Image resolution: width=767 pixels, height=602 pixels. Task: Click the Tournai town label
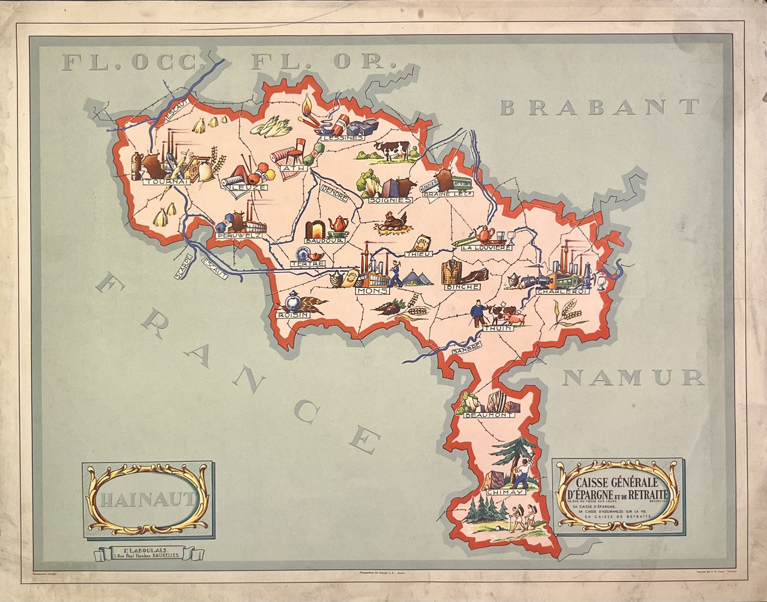(159, 182)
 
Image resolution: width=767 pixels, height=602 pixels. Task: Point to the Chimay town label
(505, 492)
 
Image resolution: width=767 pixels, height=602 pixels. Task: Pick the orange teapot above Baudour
(337, 224)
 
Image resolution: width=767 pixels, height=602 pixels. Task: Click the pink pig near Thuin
(514, 319)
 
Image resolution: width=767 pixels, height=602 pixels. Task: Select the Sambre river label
(466, 348)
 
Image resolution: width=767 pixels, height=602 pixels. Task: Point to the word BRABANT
(600, 107)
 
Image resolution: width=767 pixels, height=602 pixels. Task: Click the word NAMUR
(633, 377)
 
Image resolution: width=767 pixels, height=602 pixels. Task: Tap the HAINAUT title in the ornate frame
(147, 500)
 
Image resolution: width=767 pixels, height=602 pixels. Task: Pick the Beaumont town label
(489, 415)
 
